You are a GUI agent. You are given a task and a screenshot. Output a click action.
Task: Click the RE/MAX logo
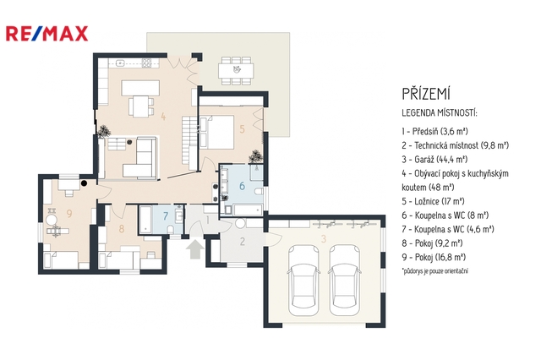(47, 34)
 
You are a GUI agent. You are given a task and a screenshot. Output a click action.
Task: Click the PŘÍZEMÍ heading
(426, 94)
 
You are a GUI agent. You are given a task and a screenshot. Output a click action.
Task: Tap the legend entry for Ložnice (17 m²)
(433, 201)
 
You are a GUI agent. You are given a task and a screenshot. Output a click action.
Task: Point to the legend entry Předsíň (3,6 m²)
(434, 131)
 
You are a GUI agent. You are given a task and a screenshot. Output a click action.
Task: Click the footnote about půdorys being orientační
(435, 271)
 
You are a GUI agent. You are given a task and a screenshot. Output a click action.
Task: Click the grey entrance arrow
(195, 249)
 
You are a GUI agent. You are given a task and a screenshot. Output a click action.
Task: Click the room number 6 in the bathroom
(242, 186)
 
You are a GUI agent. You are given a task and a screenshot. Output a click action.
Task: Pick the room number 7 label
(166, 216)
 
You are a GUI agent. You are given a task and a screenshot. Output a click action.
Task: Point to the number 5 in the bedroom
(242, 129)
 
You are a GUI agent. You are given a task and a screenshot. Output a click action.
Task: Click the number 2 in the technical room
(243, 242)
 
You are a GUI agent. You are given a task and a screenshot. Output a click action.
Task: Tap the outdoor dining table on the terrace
(236, 71)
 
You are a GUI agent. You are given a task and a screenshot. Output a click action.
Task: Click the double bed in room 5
(216, 133)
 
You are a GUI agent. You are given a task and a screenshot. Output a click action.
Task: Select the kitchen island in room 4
(140, 88)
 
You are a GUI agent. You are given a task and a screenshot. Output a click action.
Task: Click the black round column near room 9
(84, 183)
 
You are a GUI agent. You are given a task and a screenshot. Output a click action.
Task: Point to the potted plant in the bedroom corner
(255, 156)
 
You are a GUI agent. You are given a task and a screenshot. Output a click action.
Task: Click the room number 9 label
(69, 214)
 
